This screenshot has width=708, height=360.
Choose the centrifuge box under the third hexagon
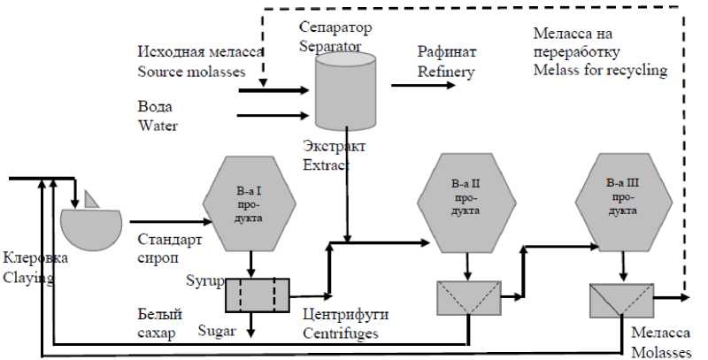pos(616,300)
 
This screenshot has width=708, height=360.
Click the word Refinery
pos(446,73)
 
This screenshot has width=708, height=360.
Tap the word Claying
pos(29,277)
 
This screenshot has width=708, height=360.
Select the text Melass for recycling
pos(600,70)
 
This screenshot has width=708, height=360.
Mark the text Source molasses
pos(191,72)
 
